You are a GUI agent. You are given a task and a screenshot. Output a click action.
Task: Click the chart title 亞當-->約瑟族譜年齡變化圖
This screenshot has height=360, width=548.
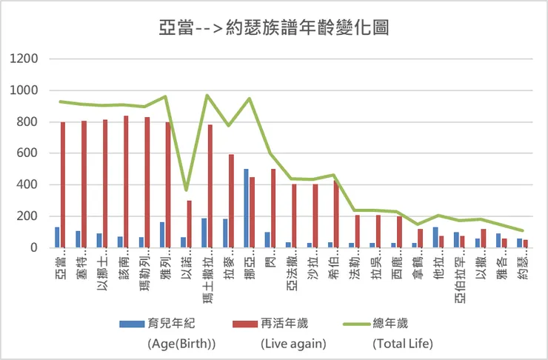pos(274,28)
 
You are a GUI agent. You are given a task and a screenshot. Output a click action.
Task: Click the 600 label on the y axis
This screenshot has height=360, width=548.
pos(27,153)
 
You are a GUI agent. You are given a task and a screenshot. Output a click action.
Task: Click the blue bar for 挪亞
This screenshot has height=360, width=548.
pos(246,208)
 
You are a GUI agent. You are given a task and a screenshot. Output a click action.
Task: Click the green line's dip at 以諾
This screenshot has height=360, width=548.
pos(186,190)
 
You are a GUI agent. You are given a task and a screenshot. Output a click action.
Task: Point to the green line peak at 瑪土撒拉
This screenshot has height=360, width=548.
pos(207,96)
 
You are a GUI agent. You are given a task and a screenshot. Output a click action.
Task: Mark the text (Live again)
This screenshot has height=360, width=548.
pos(293,344)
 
